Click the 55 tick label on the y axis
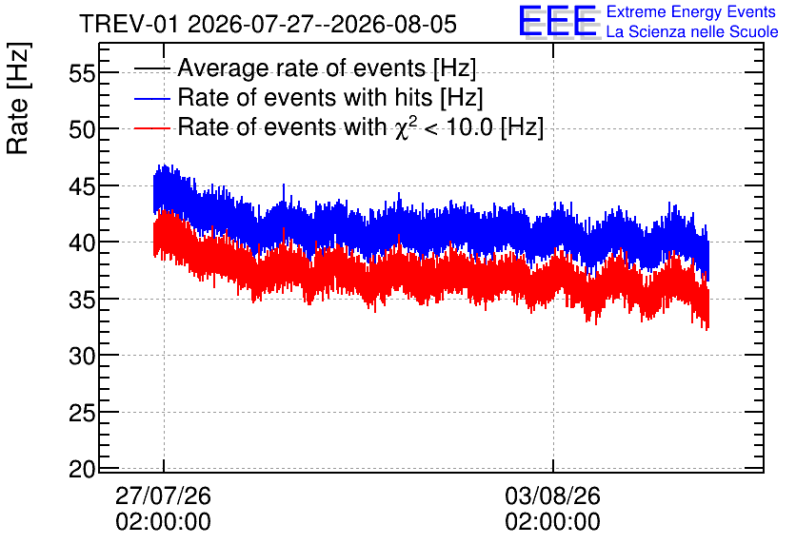pyautogui.click(x=82, y=73)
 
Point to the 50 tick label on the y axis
pyautogui.click(x=82, y=129)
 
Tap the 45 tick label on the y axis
pyautogui.click(x=82, y=186)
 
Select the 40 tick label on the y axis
pyautogui.click(x=82, y=243)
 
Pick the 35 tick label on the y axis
pyautogui.click(x=82, y=301)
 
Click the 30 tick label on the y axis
pyautogui.click(x=82, y=357)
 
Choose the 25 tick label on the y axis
pyautogui.click(x=82, y=414)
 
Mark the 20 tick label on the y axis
pyautogui.click(x=82, y=470)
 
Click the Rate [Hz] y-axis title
pyautogui.click(x=18, y=99)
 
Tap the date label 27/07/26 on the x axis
pyautogui.click(x=163, y=495)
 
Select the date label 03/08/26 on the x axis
pyautogui.click(x=552, y=495)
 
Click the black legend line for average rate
pyautogui.click(x=151, y=68)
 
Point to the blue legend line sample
pyautogui.click(x=151, y=98)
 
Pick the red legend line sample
pyautogui.click(x=151, y=127)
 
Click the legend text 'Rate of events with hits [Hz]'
pyautogui.click(x=330, y=98)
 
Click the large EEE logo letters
pyautogui.click(x=558, y=21)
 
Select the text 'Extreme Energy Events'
pyautogui.click(x=691, y=11)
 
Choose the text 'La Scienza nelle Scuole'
pyautogui.click(x=692, y=31)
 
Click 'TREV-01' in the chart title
pyautogui.click(x=129, y=25)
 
